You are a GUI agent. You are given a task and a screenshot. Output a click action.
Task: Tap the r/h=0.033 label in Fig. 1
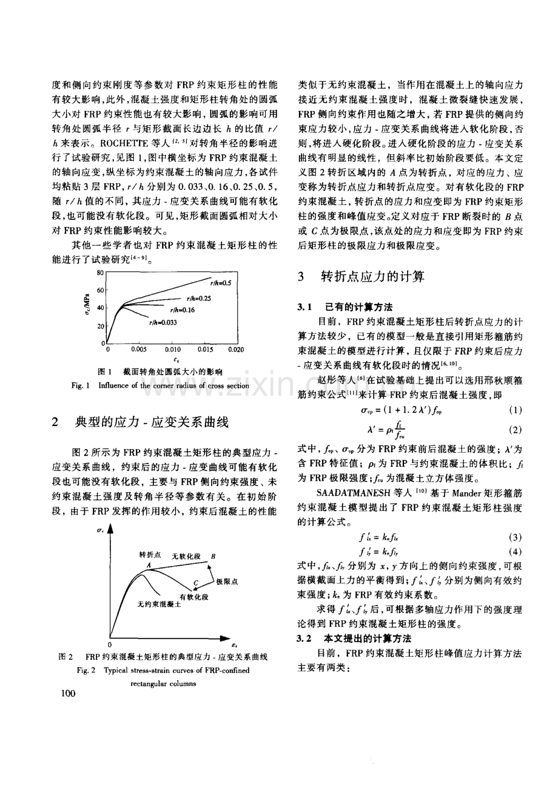(163, 323)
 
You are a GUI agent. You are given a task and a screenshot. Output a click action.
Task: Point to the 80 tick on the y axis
(101, 272)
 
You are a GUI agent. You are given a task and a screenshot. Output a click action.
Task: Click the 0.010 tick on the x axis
(173, 350)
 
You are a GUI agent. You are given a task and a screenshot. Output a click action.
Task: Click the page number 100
(68, 693)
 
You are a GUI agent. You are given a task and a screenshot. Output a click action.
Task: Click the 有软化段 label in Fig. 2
(193, 597)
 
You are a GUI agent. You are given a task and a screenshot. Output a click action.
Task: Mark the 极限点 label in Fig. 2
(226, 581)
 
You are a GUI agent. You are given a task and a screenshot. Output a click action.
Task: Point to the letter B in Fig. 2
(213, 556)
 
